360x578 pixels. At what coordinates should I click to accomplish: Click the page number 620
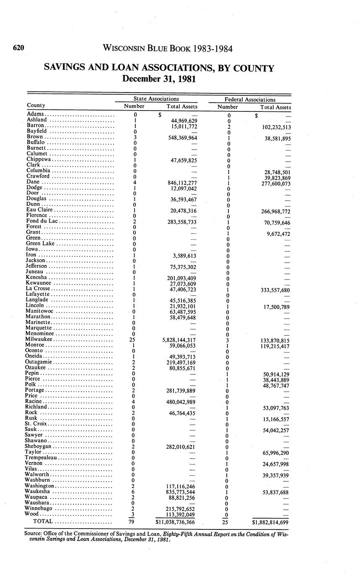click(x=18, y=48)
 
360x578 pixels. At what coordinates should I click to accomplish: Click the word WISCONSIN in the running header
click(x=122, y=49)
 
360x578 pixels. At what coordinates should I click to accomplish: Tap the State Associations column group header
click(x=156, y=99)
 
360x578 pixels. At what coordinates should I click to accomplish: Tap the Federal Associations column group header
click(x=250, y=100)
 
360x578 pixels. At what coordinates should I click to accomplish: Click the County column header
click(x=36, y=105)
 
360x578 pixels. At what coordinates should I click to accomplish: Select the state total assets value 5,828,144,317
click(x=179, y=340)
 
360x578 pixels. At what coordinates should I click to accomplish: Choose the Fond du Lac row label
click(x=43, y=221)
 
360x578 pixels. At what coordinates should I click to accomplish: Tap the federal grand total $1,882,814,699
click(x=270, y=522)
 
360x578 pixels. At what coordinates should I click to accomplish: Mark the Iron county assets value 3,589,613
click(x=184, y=255)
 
